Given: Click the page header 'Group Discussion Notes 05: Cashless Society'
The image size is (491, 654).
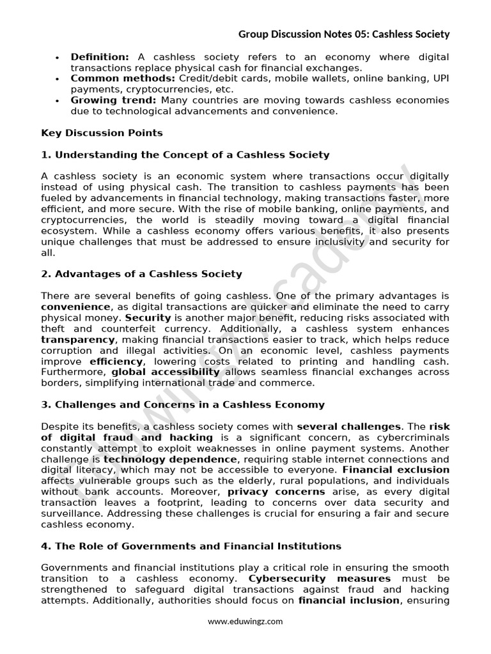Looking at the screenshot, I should coord(344,34).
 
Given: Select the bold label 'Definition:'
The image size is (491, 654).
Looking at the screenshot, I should coord(100,57).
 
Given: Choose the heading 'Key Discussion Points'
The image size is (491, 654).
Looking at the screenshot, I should coord(102,133).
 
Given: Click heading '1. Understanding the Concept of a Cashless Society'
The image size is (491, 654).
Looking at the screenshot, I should coord(185,155).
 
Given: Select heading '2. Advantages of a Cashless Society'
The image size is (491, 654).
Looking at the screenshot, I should coord(141,274).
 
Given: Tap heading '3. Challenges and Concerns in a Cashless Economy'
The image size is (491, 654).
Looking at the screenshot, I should coord(182,404).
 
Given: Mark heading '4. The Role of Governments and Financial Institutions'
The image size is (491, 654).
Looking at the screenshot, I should coord(191,546).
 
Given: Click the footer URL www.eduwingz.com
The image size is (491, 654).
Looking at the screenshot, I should coord(245,621).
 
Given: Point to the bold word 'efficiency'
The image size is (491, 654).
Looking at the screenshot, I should coord(116,361).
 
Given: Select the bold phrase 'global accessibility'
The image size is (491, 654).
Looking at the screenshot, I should coord(166,372).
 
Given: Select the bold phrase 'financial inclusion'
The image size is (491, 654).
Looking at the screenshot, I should coord(348,600).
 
